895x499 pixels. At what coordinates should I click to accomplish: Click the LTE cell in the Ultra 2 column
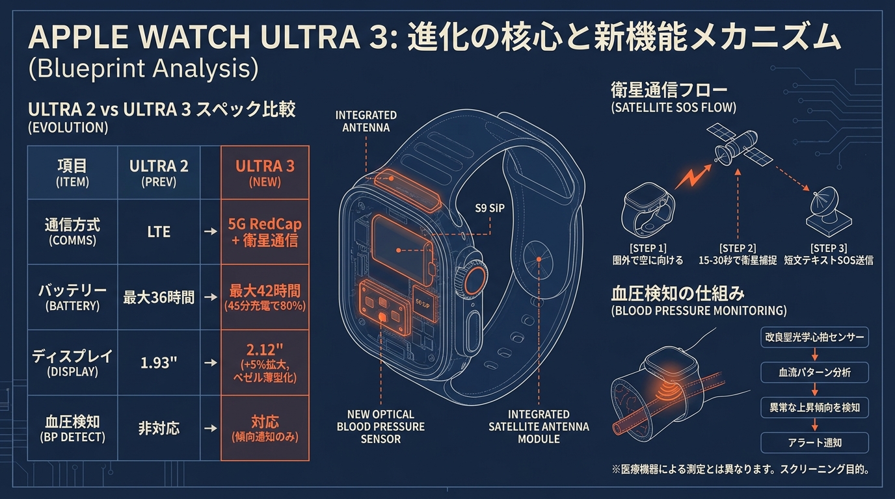[159, 231]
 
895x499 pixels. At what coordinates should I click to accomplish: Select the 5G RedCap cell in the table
[265, 231]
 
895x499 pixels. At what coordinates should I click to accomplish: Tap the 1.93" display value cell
[159, 363]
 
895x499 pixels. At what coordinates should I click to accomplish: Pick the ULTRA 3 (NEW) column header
[265, 172]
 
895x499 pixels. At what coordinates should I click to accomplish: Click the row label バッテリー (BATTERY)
[72, 297]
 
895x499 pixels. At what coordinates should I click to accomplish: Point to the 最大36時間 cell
[159, 297]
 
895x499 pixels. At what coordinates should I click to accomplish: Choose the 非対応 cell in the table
[159, 428]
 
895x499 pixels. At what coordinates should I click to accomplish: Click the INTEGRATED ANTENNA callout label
[366, 122]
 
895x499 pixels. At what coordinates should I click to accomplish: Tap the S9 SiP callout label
[490, 208]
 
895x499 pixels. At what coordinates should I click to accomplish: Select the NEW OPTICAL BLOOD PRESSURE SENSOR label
[381, 427]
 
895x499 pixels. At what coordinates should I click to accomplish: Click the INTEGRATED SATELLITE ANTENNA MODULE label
[539, 427]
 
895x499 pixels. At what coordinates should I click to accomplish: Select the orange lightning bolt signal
[693, 177]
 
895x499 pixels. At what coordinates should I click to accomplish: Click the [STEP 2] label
[738, 248]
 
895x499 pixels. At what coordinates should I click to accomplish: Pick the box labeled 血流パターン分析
[815, 372]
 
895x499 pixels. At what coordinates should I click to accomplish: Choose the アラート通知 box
[815, 442]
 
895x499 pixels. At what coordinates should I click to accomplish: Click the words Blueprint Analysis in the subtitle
[144, 68]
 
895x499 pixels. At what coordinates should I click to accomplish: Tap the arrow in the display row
[211, 363]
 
